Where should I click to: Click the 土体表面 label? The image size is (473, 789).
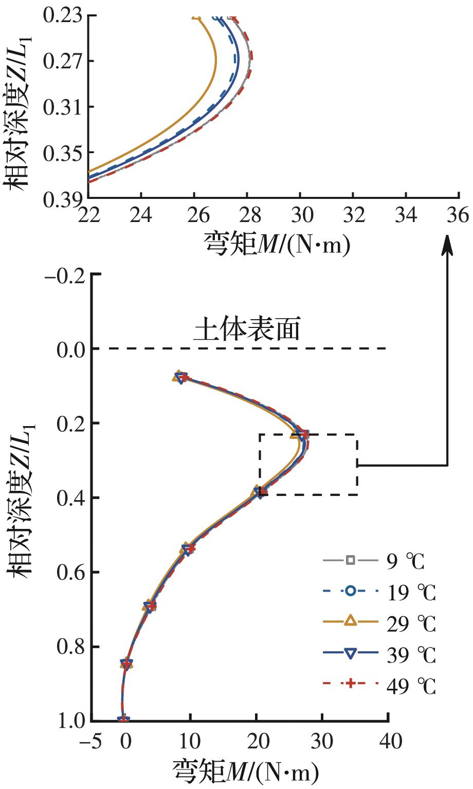pos(246,330)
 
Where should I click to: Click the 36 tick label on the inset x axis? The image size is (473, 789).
pos(457,215)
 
